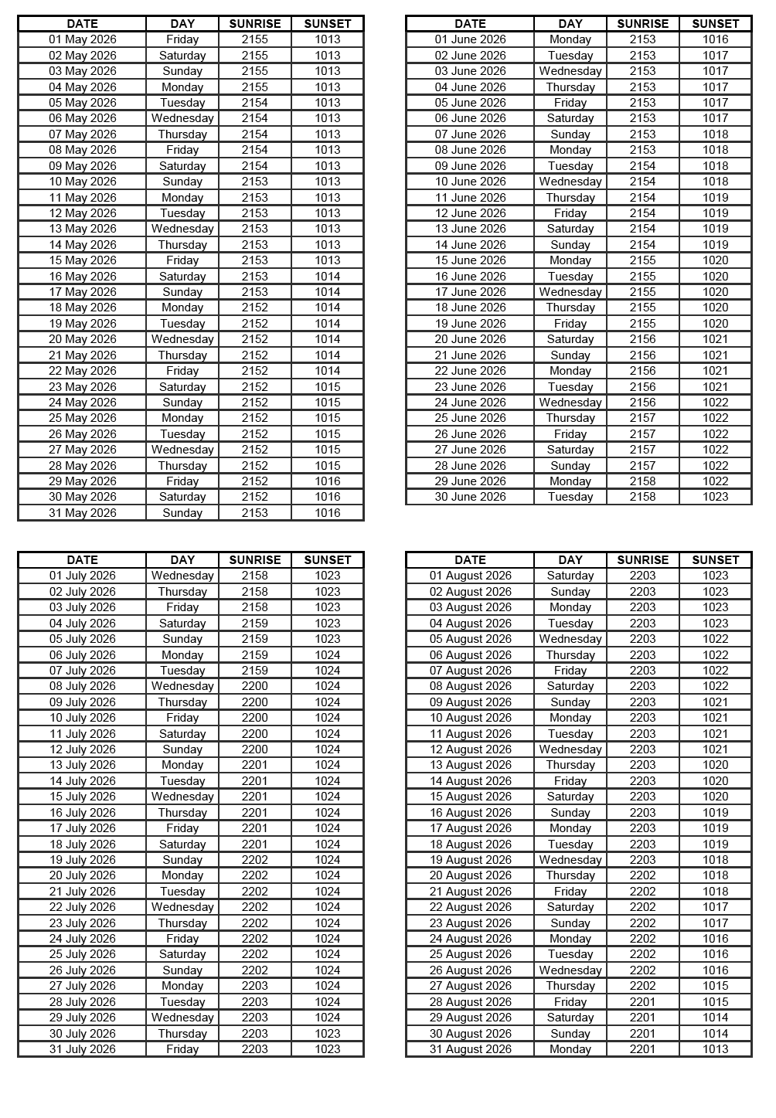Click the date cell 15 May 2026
coord(83,260)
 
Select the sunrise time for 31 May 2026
coord(255,513)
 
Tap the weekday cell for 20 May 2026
coord(182,339)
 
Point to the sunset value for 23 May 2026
coord(328,386)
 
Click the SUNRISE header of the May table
coord(255,24)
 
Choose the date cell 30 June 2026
coord(470,497)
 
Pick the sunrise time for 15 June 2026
coord(642,260)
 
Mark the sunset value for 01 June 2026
coord(715,39)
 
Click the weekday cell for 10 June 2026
coord(570,182)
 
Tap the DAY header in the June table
coord(570,24)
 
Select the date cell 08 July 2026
coord(83,686)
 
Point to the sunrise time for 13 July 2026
coord(255,765)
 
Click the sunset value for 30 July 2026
coord(328,1034)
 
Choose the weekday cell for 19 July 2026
coord(182,860)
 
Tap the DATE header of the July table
coord(83,560)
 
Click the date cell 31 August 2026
coord(470,1049)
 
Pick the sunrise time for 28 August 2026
coord(642,1002)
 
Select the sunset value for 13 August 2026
coord(715,765)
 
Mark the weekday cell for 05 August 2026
coord(570,639)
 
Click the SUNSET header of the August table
coord(715,560)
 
